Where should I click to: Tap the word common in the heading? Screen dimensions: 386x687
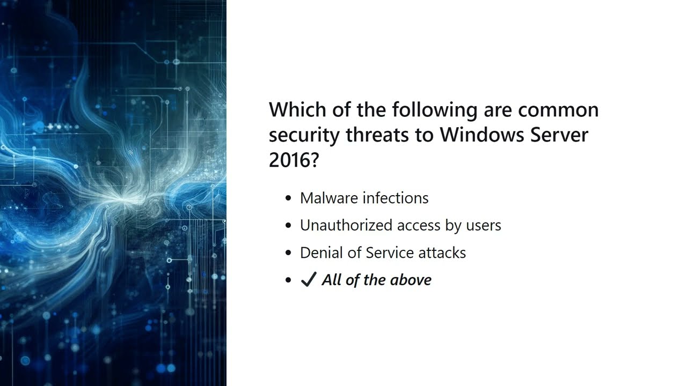coord(558,109)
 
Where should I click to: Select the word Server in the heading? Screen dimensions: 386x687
coord(559,135)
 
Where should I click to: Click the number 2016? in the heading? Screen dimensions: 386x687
coord(294,160)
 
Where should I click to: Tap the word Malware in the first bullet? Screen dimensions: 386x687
coord(329,198)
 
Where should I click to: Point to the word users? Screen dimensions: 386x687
coord(483,225)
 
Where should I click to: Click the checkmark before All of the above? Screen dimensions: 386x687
coord(308,280)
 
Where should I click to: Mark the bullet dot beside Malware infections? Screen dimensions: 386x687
coord(289,198)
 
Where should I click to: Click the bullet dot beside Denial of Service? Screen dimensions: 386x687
coord(289,253)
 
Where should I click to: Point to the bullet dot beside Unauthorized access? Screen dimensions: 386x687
coord(289,226)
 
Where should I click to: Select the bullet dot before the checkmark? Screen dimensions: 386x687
coord(289,280)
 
